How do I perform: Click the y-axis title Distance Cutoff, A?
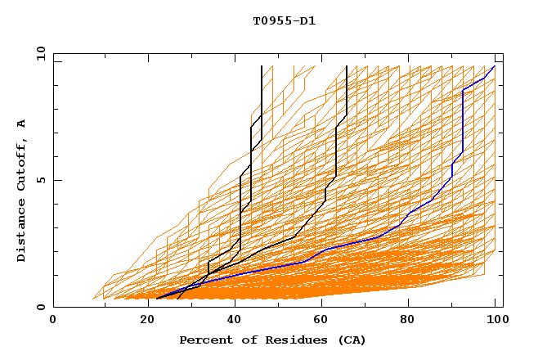pos(21,190)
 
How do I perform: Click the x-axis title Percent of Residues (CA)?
pos(272,340)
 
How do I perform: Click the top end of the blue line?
pos(495,66)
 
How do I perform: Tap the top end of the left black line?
pos(262,66)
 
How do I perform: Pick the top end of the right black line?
pos(347,66)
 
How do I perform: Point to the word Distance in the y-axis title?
pos(21,231)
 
